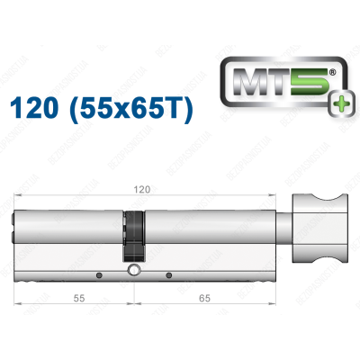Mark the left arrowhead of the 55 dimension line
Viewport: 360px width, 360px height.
(x=19, y=303)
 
